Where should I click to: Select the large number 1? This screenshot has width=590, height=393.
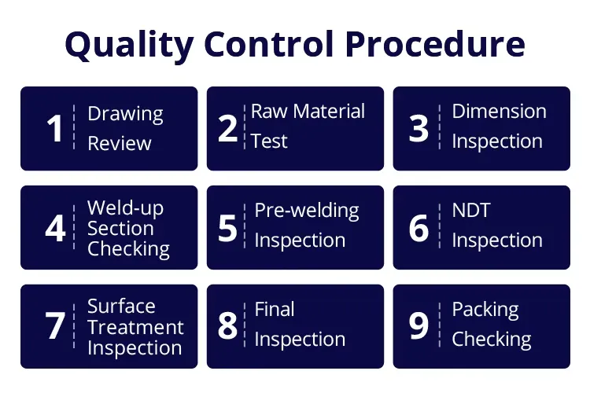pyautogui.click(x=54, y=129)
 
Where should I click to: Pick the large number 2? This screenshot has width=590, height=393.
pyautogui.click(x=227, y=129)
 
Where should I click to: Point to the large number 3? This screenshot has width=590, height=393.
pyautogui.click(x=419, y=129)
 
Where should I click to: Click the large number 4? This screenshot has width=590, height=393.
pyautogui.click(x=55, y=228)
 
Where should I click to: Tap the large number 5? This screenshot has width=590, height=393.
pyautogui.click(x=227, y=228)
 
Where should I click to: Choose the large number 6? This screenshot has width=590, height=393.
pyautogui.click(x=419, y=228)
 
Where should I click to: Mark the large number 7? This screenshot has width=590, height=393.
pyautogui.click(x=55, y=326)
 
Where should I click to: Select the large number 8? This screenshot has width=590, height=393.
pyautogui.click(x=227, y=326)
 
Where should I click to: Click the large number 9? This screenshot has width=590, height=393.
pyautogui.click(x=419, y=326)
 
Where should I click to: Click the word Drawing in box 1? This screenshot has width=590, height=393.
pyautogui.click(x=125, y=114)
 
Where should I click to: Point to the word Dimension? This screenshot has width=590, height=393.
pyautogui.click(x=499, y=111)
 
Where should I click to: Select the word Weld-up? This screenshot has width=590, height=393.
pyautogui.click(x=124, y=208)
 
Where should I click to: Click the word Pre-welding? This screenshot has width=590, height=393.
pyautogui.click(x=307, y=211)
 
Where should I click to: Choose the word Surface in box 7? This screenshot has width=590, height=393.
pyautogui.click(x=121, y=306)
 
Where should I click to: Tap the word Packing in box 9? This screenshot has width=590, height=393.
pyautogui.click(x=485, y=310)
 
